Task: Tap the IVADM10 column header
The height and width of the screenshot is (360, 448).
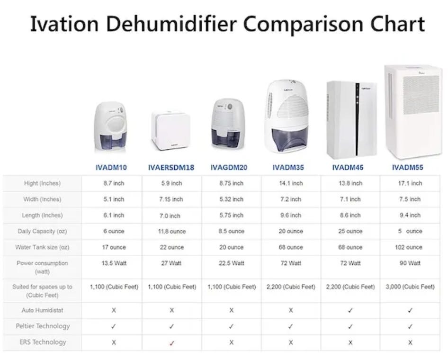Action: pos(111,167)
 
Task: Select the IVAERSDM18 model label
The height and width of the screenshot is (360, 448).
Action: pos(171,167)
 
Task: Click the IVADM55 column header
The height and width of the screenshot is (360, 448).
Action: pos(407,167)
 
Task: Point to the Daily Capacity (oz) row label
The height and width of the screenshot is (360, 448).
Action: pos(42,231)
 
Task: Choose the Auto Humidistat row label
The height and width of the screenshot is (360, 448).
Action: pos(42,310)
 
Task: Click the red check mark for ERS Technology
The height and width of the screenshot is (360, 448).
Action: pos(171,343)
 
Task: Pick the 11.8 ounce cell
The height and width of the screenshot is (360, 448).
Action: pos(171,232)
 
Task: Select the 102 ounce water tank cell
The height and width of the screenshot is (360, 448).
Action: pos(408,247)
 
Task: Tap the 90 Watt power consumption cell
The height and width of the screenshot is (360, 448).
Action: pos(409,263)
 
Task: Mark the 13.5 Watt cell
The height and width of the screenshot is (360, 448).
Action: pos(113,263)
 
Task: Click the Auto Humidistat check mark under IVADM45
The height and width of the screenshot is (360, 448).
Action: pos(350,311)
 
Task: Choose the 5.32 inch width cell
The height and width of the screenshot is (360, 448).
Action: pos(231,199)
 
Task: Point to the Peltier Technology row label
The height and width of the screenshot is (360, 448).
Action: pos(42,326)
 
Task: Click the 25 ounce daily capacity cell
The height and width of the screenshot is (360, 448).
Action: pos(350,231)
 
